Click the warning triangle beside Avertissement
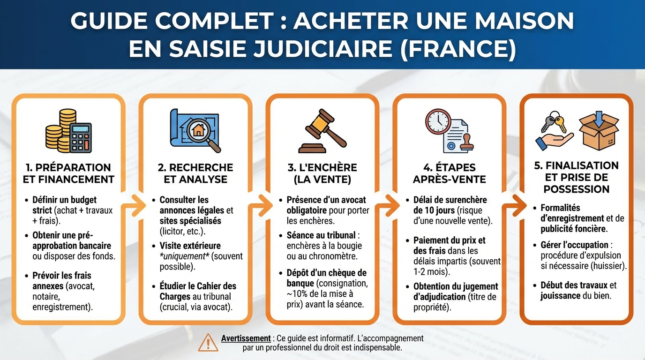[208, 343]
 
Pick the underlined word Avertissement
[246, 338]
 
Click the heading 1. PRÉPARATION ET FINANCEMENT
[68, 173]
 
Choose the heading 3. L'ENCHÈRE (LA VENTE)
[322, 173]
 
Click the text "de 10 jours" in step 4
[434, 210]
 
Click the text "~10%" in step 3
[297, 293]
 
